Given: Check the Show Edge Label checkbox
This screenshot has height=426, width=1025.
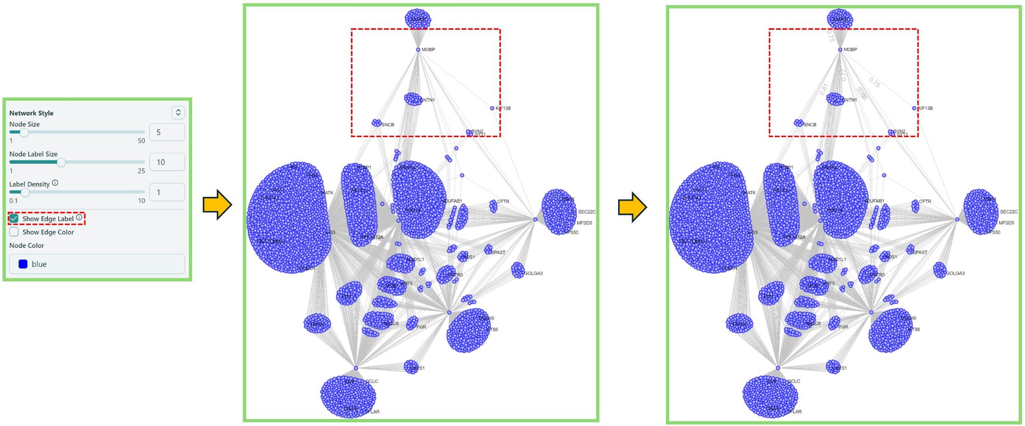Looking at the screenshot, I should pyautogui.click(x=14, y=219).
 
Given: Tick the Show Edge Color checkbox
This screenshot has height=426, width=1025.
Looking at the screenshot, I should pyautogui.click(x=14, y=232).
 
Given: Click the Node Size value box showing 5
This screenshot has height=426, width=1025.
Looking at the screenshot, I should pyautogui.click(x=167, y=132).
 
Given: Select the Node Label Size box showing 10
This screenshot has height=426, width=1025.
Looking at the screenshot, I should pyautogui.click(x=167, y=162).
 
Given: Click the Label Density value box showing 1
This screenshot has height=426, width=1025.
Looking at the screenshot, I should pyautogui.click(x=167, y=192).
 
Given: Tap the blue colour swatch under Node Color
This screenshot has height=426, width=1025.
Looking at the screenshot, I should pyautogui.click(x=23, y=264).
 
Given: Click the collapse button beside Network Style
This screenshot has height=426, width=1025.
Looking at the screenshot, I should pyautogui.click(x=178, y=112).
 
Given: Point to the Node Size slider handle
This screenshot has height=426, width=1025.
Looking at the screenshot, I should pyautogui.click(x=24, y=132).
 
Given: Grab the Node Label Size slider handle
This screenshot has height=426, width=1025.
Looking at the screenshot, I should pyautogui.click(x=61, y=162).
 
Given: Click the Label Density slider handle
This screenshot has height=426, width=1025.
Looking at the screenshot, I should pyautogui.click(x=25, y=192).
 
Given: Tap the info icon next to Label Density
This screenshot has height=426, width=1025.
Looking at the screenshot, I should pyautogui.click(x=55, y=183).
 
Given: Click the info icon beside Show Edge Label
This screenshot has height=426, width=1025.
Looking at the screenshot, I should pyautogui.click(x=80, y=218).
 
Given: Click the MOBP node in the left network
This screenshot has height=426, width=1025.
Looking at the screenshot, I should pyautogui.click(x=418, y=50).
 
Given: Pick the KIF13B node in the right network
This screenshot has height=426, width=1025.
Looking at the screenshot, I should pyautogui.click(x=914, y=109).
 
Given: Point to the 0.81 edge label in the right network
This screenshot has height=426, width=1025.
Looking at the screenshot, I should pyautogui.click(x=824, y=89).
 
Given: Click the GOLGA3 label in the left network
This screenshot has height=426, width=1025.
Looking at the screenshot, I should pyautogui.click(x=533, y=274).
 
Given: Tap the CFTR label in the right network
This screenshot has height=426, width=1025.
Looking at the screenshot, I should pyautogui.click(x=925, y=201).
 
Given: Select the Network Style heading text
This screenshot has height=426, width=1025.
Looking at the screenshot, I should pyautogui.click(x=31, y=113).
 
